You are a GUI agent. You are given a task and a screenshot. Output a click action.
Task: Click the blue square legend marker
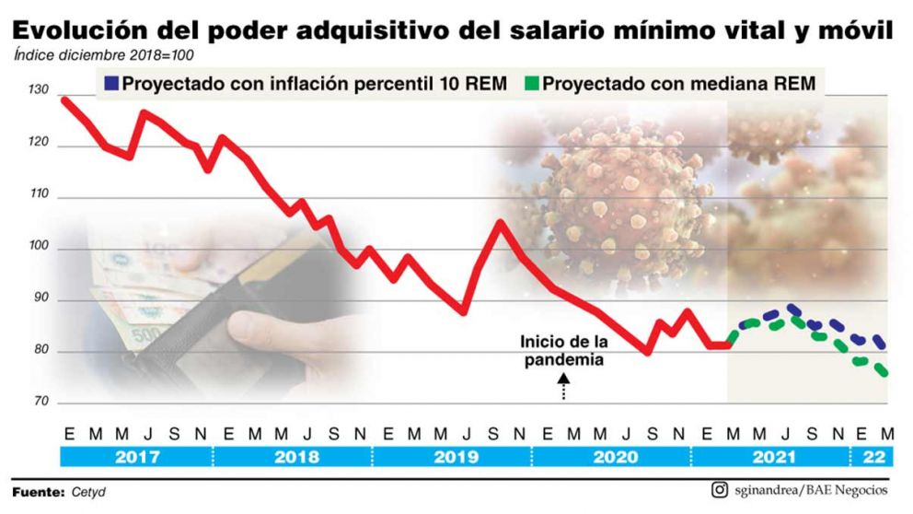pos(110,83)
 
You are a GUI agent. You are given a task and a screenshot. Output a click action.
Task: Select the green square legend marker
pos(530,83)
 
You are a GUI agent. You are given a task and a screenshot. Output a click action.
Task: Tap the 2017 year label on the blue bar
pos(134,457)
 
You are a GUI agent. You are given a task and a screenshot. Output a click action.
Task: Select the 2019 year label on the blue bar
pos(453,457)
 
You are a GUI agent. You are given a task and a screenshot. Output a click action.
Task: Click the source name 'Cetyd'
pos(89,492)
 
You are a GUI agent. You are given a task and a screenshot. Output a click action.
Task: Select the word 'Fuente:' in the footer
pos(39,492)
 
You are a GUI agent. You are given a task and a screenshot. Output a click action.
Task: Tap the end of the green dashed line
pos(884,373)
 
